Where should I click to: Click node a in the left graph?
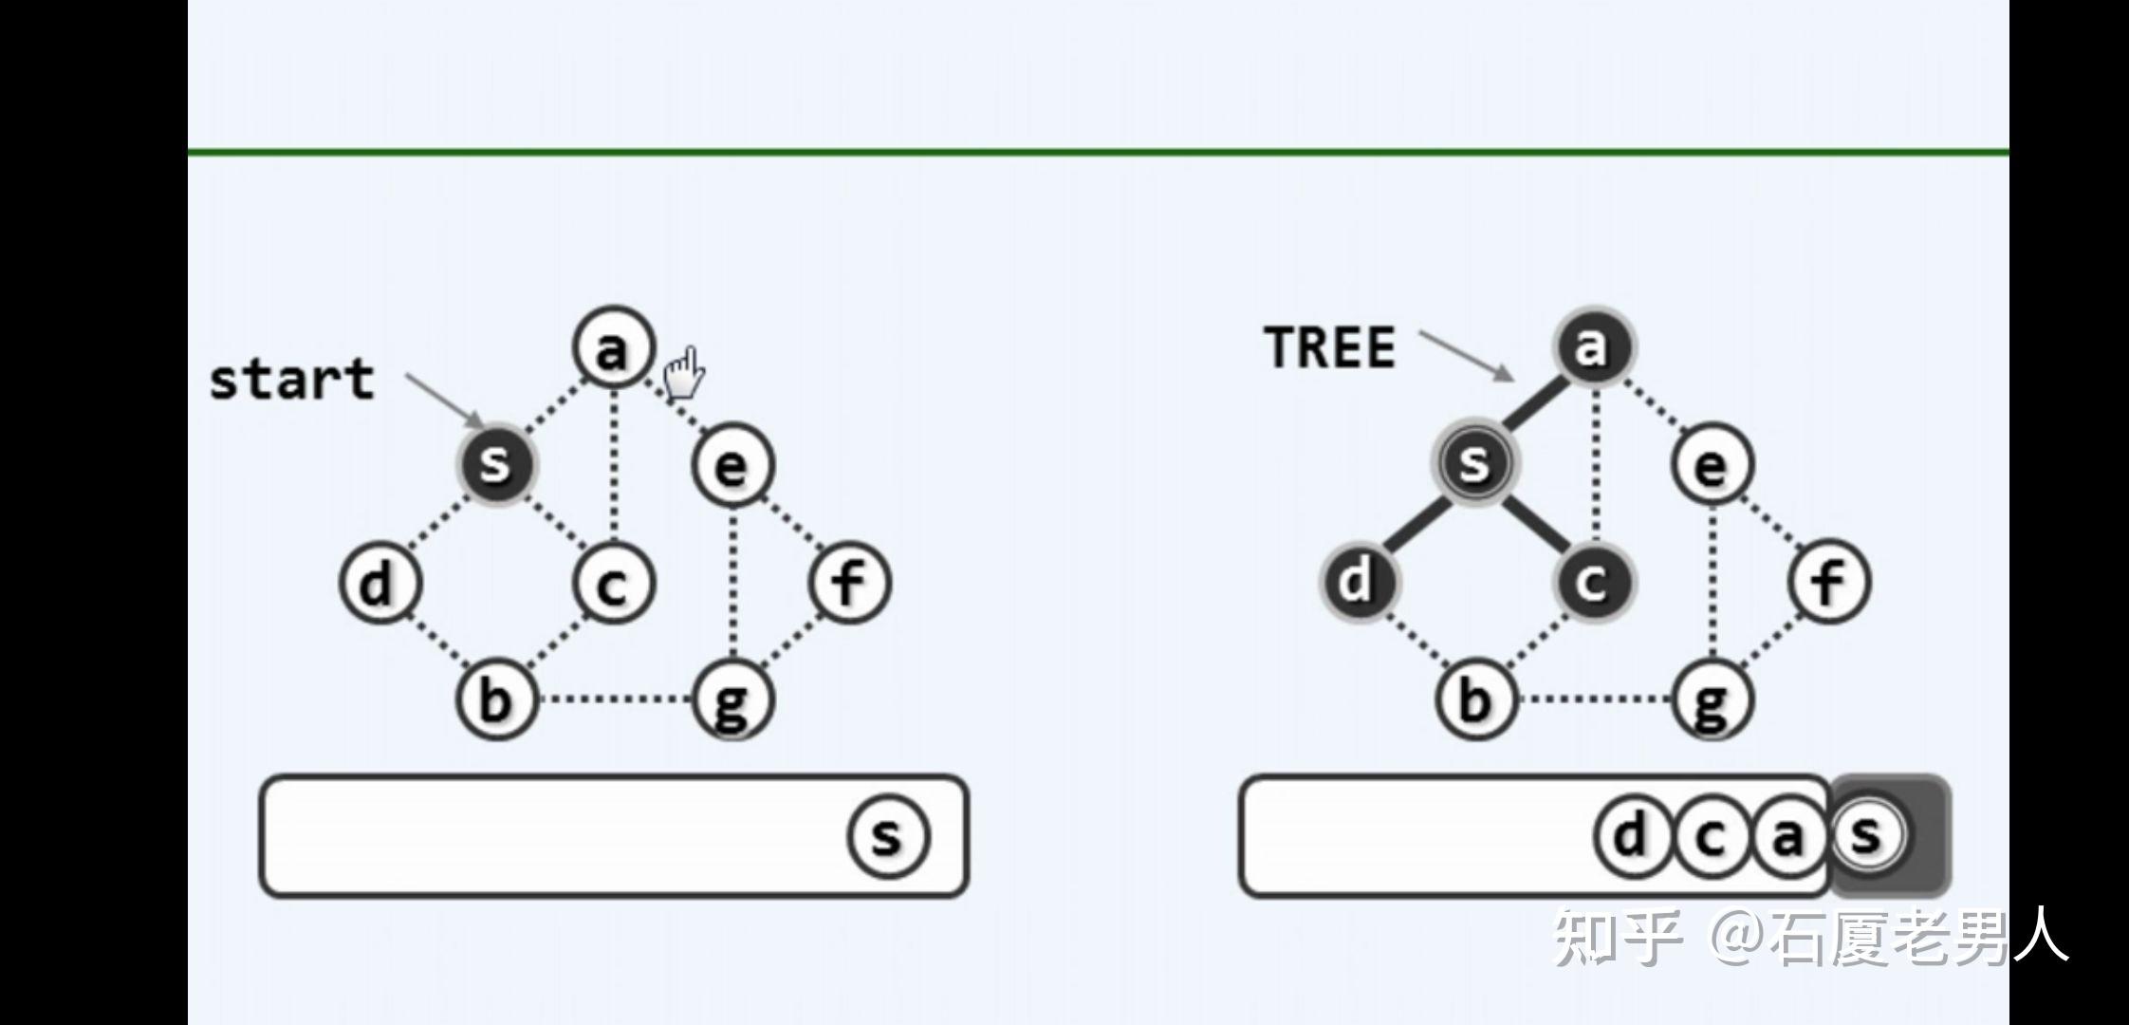(x=614, y=347)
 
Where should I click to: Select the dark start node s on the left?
(x=495, y=464)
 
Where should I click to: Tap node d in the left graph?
(x=379, y=582)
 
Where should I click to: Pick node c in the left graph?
(x=614, y=583)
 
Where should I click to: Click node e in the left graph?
(x=732, y=465)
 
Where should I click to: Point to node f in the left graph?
(x=850, y=582)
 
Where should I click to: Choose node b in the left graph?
(x=496, y=699)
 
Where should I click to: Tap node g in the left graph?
(x=732, y=700)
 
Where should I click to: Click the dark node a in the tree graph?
(x=1594, y=346)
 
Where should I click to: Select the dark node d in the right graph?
(x=1358, y=581)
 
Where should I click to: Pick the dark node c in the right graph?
(x=1594, y=581)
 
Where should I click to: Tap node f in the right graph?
(x=1829, y=581)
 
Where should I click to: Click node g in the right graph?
(x=1712, y=700)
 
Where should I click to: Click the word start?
(x=292, y=380)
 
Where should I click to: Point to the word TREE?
(x=1330, y=347)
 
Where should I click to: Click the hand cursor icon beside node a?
(x=683, y=373)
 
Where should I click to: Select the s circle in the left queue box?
(x=888, y=836)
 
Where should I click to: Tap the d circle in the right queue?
(x=1632, y=836)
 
